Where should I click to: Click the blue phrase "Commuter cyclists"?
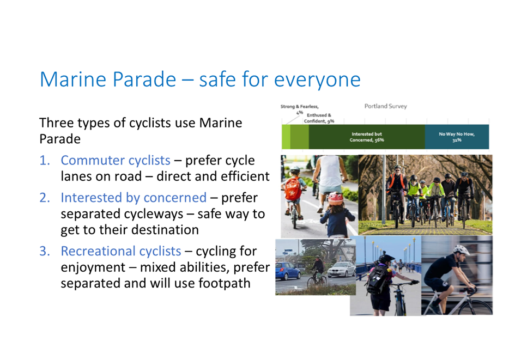point(116,160)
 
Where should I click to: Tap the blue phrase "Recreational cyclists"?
point(121,251)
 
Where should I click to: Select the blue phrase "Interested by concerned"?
point(134,198)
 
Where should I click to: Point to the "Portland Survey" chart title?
point(385,106)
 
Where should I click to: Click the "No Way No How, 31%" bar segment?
point(457,137)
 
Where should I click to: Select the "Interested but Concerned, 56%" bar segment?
point(367,137)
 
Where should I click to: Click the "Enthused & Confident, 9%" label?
point(319,118)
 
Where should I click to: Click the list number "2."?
point(45,198)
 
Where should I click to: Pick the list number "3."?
point(45,251)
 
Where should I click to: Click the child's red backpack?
point(293,188)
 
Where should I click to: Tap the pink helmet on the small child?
point(336,198)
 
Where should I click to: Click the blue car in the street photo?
point(287,271)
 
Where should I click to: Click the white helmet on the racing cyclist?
point(461,250)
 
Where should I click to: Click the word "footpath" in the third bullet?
point(225,283)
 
